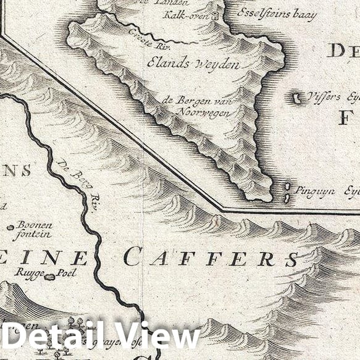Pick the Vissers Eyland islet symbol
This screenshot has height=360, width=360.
click(x=298, y=98)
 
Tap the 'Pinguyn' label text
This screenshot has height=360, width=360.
click(x=315, y=191)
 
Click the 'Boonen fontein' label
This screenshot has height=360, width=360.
click(x=34, y=228)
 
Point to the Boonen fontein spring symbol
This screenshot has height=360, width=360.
click(x=10, y=227)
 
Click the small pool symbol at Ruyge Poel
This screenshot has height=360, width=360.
click(x=50, y=276)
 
